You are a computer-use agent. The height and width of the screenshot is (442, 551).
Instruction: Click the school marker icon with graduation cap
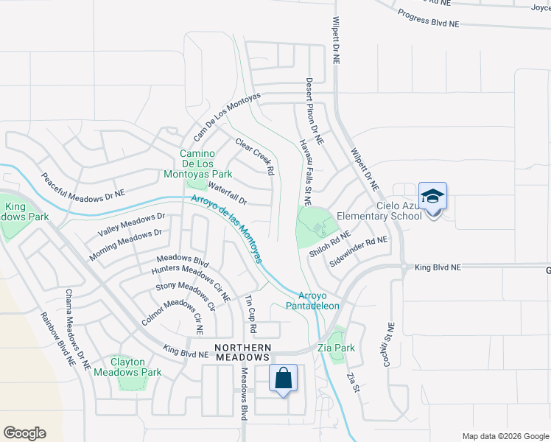(432, 197)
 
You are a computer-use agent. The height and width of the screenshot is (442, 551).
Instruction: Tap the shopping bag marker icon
(284, 379)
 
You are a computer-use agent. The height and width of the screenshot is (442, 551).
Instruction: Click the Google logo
(24, 433)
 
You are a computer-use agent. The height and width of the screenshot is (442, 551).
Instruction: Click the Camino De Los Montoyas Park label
(206, 164)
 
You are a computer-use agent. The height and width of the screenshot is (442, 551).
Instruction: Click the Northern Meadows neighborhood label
(243, 352)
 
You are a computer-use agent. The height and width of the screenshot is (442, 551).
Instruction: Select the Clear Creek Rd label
(254, 156)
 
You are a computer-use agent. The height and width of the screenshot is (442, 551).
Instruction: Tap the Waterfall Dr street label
(227, 194)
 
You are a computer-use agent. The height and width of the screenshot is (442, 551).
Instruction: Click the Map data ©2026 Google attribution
(505, 436)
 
